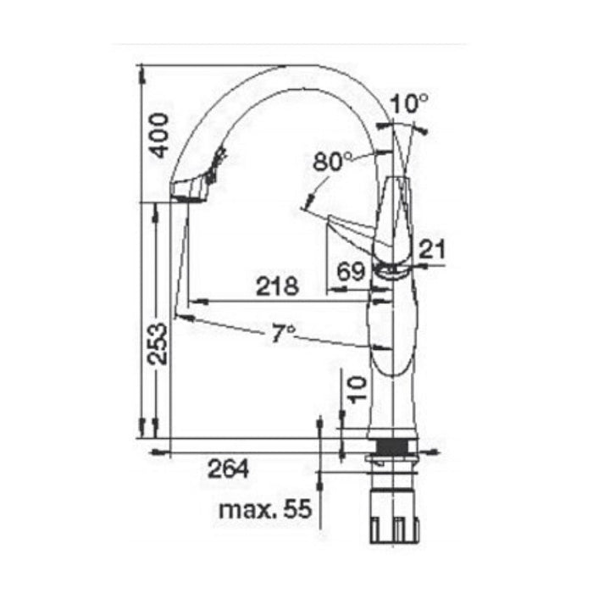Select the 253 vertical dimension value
(x=158, y=343)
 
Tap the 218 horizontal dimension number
(x=278, y=286)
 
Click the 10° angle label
(x=409, y=104)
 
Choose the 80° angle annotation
(x=331, y=161)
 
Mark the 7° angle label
(x=282, y=334)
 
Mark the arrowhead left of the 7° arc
(x=180, y=317)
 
